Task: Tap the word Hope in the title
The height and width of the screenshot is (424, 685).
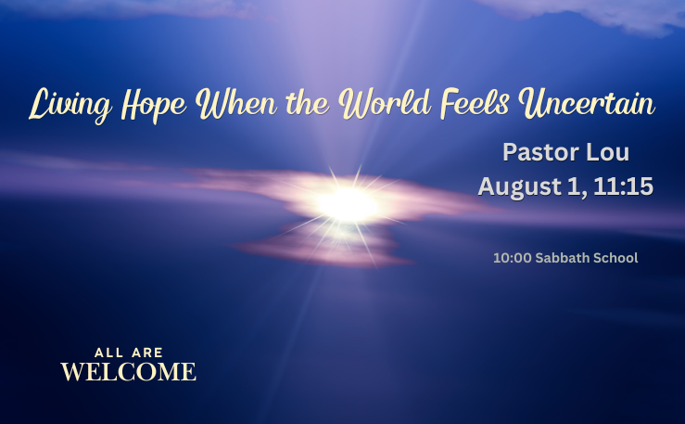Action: (x=154, y=106)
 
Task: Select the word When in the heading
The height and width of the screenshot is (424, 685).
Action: (x=236, y=104)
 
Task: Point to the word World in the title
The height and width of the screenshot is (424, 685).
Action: (x=385, y=104)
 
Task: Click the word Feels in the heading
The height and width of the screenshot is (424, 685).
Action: (x=475, y=104)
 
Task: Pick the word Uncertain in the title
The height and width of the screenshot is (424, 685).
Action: (x=587, y=104)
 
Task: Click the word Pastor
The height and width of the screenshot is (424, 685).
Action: (x=540, y=152)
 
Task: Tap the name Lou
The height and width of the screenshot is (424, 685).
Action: (x=608, y=152)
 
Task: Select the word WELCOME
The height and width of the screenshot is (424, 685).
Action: (x=129, y=371)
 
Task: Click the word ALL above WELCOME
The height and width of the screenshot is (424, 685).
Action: (x=108, y=353)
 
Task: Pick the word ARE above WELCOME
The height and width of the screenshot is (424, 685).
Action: (x=147, y=353)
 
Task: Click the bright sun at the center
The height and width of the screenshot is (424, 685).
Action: (x=348, y=204)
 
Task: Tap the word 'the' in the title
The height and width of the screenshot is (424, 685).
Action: (x=308, y=104)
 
